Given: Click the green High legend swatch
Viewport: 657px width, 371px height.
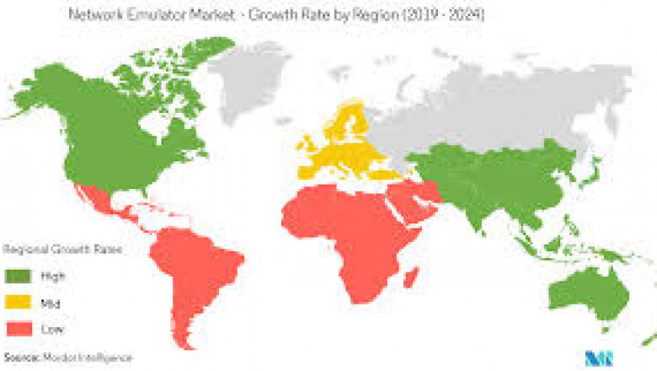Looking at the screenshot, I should click(x=17, y=276).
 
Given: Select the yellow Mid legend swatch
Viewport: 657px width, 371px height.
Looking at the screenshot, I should click(x=17, y=301).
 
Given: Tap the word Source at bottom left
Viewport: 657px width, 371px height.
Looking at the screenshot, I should click(x=19, y=358).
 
